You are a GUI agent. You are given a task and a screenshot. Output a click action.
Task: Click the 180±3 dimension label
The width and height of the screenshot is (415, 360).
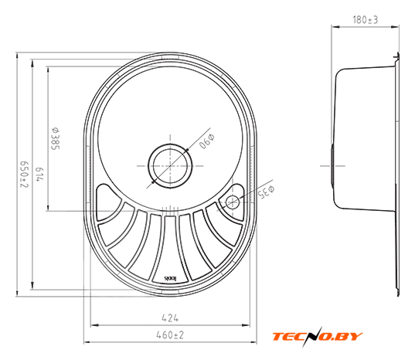coord(366,20)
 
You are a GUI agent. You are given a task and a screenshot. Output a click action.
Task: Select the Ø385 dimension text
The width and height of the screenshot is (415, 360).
coord(56,138)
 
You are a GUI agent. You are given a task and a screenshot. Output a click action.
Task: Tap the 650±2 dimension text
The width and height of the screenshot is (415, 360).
coord(25,175)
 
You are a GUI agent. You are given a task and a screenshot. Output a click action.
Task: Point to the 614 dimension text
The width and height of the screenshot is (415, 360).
coord(39,175)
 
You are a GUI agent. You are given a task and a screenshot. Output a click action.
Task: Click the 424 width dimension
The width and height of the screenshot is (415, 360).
coord(170,318)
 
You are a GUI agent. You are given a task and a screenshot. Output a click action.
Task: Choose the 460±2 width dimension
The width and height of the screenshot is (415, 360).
coord(170,335)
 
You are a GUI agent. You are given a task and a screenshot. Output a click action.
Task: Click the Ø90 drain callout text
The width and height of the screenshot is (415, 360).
coord(206,141)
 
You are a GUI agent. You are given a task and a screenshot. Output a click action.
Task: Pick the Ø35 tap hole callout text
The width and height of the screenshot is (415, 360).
coord(267,192)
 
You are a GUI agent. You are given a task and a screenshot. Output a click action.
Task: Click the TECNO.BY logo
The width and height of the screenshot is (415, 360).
coord(318,337)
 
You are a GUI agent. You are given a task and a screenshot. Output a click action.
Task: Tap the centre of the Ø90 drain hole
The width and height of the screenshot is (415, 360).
coord(170,166)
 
